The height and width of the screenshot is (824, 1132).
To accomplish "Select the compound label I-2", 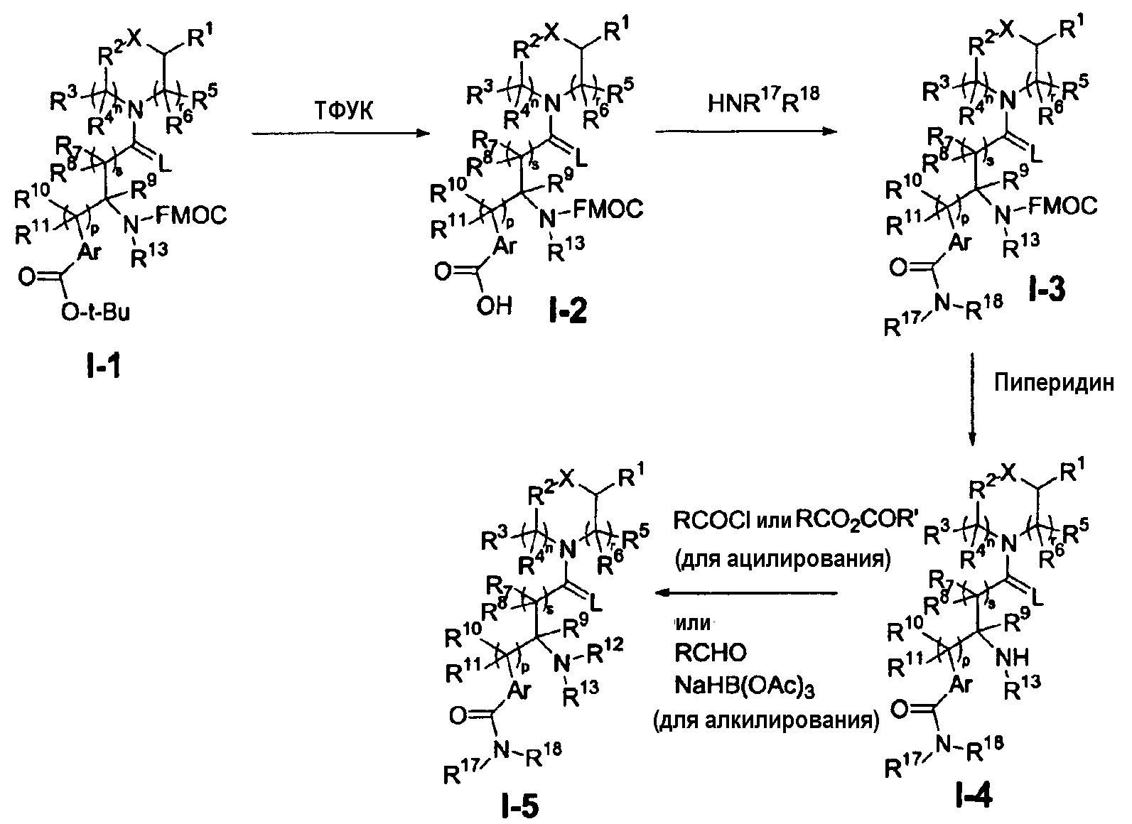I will (566, 310).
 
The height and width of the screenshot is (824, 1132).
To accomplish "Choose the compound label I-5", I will (519, 806).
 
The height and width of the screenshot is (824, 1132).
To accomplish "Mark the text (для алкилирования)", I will (766, 720).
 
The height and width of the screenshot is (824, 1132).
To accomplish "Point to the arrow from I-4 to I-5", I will (747, 592).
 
